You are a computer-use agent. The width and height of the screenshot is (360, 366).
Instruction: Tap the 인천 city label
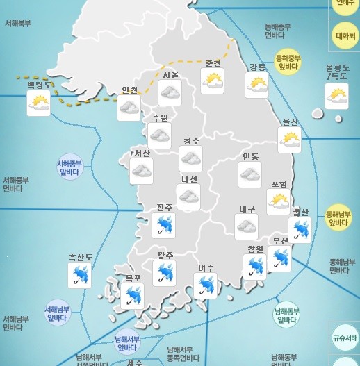coord(129,90)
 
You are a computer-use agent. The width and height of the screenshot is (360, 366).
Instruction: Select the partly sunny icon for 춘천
coord(213,81)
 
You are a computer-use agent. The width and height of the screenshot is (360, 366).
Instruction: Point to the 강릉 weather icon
coord(257,85)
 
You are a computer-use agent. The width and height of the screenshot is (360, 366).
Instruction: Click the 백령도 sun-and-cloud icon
coord(38,103)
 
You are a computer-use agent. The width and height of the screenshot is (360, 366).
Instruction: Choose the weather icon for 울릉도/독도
coord(337,97)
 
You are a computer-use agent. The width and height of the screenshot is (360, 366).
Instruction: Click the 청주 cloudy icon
coord(191,158)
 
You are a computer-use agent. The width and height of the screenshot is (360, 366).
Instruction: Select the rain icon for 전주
coord(164,225)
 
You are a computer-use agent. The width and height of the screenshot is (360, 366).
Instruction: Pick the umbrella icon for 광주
coord(165,273)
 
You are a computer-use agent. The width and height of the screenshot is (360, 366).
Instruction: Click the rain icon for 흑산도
coord(80,275)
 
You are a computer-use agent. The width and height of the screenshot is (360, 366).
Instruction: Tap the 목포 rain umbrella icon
coord(132,297)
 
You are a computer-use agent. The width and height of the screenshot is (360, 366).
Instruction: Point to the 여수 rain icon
coord(205,285)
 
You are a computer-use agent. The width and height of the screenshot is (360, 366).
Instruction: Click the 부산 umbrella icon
coord(280,258)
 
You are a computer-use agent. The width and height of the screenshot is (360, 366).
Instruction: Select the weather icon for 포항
coord(279,201)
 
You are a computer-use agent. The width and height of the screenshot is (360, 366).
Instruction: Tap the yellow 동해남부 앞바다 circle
coord(338,218)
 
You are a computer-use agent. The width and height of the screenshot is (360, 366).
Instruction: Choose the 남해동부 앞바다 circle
coord(286,315)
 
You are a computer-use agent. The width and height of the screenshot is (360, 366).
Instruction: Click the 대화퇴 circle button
coord(345,35)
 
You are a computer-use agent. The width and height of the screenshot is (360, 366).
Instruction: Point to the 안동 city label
coord(251,156)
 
